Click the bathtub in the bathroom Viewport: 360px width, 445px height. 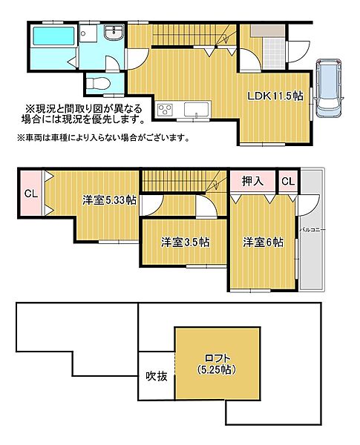pyautogui.click(x=54, y=36)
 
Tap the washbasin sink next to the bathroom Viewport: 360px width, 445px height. pyautogui.click(x=114, y=33)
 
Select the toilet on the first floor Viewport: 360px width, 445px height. pyautogui.click(x=98, y=84)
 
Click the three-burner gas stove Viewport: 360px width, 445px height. pyautogui.click(x=165, y=109)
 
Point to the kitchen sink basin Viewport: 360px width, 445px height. pyautogui.click(x=196, y=109)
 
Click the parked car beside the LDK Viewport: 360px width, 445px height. pyautogui.click(x=329, y=88)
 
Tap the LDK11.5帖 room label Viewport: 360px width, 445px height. pyautogui.click(x=275, y=96)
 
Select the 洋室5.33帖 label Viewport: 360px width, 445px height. pyautogui.click(x=109, y=200)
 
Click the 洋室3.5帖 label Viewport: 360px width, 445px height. pyautogui.click(x=186, y=242)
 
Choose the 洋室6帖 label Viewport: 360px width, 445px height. pyautogui.click(x=263, y=242)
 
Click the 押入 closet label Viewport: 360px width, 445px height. pyautogui.click(x=252, y=182)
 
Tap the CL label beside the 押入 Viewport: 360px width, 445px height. pyautogui.click(x=288, y=181)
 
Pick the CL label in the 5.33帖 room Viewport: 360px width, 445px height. pyautogui.click(x=31, y=194)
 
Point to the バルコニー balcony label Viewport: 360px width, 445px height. pyautogui.click(x=312, y=230)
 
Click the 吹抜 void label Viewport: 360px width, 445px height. pyautogui.click(x=157, y=376)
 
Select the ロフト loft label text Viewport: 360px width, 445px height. pyautogui.click(x=217, y=358)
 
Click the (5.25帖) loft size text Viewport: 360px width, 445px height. pyautogui.click(x=217, y=369)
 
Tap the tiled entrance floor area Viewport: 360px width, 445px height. pyautogui.click(x=274, y=53)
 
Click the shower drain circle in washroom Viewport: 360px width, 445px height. pyautogui.click(x=83, y=33)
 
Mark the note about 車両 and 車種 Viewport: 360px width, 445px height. pyautogui.click(x=103, y=138)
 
